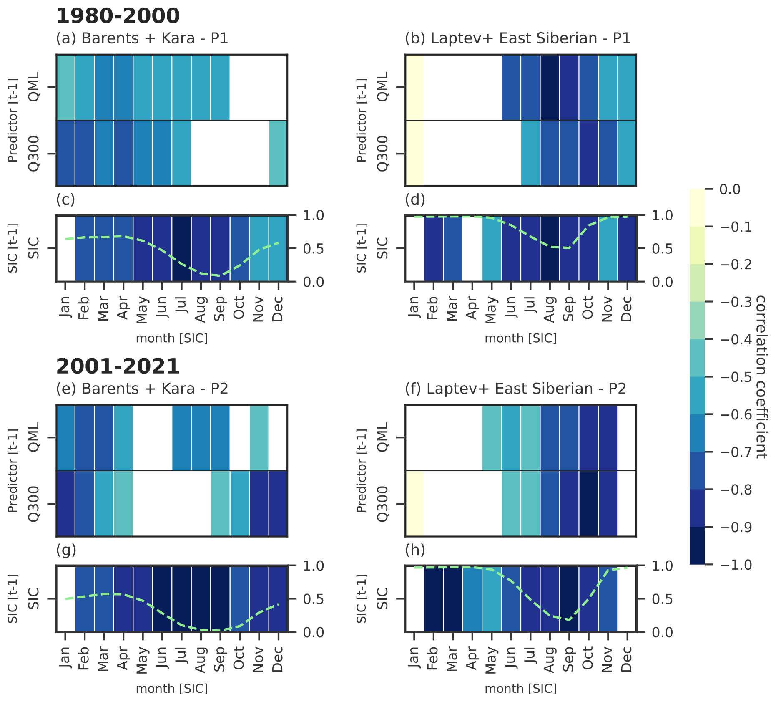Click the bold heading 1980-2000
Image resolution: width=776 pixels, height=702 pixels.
click(118, 16)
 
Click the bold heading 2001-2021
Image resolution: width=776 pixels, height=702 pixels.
click(118, 367)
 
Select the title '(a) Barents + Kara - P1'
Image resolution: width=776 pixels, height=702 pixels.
click(142, 38)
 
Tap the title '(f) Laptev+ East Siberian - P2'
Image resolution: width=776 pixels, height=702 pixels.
click(515, 389)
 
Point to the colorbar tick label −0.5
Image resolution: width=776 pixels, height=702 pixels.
click(736, 377)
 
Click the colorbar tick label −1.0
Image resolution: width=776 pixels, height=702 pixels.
click(736, 565)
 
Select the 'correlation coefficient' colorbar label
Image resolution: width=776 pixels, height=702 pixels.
click(761, 377)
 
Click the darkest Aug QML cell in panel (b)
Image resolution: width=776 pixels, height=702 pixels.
click(550, 87)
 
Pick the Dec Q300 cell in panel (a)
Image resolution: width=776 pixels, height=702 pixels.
click(278, 153)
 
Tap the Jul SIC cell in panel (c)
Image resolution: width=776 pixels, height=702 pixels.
click(181, 249)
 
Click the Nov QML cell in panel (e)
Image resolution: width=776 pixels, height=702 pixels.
click(259, 438)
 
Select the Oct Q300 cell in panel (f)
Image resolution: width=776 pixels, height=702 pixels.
click(589, 504)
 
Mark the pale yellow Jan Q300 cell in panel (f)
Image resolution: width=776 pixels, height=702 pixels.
click(414, 504)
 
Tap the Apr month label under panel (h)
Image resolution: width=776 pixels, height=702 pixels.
click(472, 659)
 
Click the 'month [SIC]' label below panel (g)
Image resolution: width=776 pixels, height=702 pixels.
click(172, 689)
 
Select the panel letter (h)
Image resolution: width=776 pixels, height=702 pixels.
click(415, 550)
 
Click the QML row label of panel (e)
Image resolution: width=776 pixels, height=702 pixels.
click(34, 437)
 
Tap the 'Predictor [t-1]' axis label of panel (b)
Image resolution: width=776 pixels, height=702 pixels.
click(362, 120)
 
